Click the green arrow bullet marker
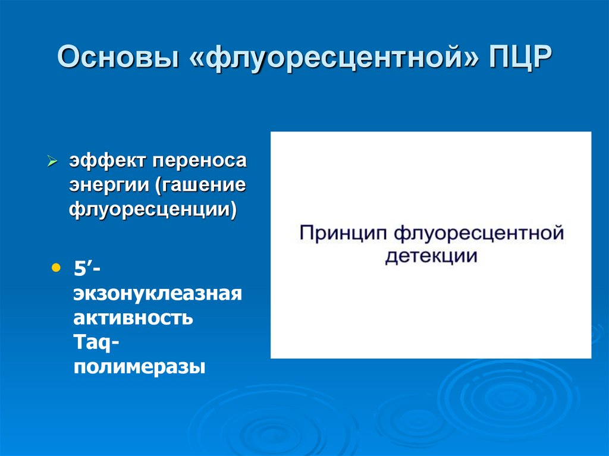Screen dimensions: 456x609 (52, 162)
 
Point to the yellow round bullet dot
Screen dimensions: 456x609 (56, 268)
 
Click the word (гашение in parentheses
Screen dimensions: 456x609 (201, 185)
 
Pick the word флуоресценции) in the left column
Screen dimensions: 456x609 (154, 209)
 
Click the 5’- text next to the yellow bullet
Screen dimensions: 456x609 (87, 269)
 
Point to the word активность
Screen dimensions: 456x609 (133, 317)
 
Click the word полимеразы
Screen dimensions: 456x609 (139, 366)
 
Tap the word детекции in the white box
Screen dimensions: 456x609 (431, 256)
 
